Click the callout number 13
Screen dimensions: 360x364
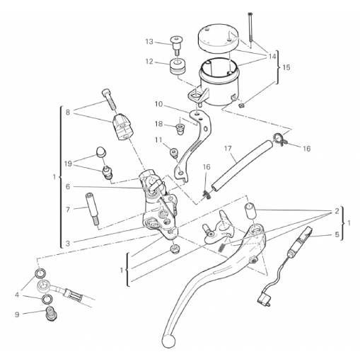click(149, 42)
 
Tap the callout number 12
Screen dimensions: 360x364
click(149, 62)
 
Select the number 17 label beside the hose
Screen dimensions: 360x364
click(228, 149)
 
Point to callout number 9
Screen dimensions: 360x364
click(17, 314)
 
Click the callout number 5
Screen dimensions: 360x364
click(337, 234)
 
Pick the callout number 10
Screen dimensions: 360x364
click(158, 104)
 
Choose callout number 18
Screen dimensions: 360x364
click(158, 124)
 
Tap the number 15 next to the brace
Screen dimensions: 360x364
click(286, 67)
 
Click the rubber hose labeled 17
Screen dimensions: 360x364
click(243, 164)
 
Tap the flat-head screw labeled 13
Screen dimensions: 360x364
click(176, 45)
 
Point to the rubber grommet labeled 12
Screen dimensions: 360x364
click(177, 67)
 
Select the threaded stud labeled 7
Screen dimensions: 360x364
click(92, 209)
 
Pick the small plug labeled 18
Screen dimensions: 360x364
click(180, 130)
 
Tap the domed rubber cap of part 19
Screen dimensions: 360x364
click(101, 151)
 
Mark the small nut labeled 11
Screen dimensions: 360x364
click(173, 152)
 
